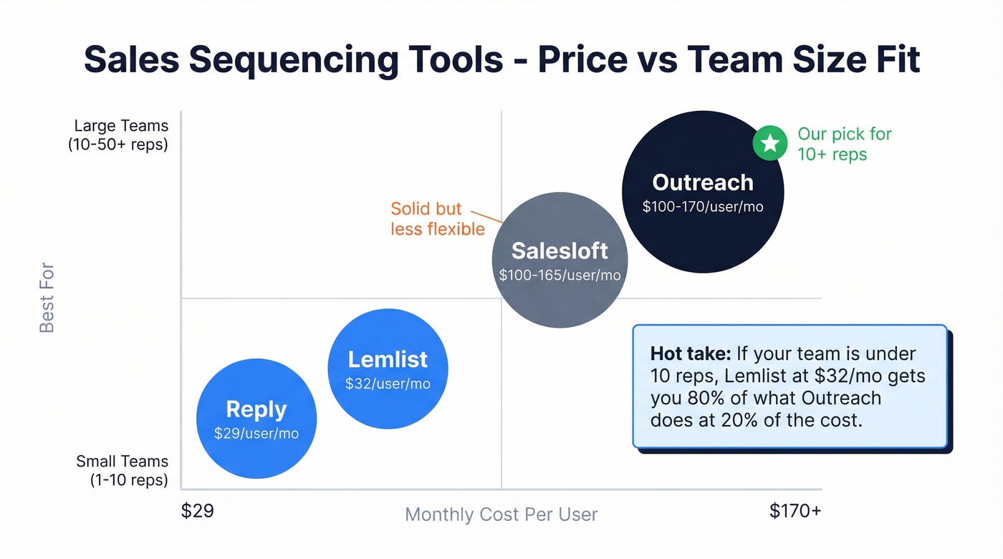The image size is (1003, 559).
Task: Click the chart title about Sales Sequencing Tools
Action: point(501,59)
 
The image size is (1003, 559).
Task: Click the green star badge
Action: point(769,144)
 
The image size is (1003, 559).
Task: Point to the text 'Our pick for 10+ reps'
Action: point(844,144)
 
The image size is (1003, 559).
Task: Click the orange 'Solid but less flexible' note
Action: point(437,218)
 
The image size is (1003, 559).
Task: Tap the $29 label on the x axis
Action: point(197,511)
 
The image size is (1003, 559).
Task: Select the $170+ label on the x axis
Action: point(795,511)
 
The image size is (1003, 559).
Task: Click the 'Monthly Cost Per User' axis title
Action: point(501,515)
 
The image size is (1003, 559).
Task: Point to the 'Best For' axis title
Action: point(47,298)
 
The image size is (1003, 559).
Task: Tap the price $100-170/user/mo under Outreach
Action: point(702,207)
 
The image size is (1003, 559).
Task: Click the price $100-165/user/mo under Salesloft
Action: point(560,275)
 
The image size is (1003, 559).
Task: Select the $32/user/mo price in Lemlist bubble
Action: point(388,384)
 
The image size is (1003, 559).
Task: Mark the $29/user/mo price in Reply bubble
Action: point(256,434)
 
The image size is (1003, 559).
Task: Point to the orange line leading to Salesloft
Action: point(489,216)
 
